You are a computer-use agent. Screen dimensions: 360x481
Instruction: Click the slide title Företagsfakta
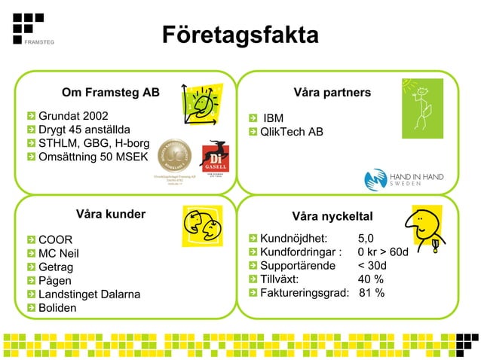click(x=240, y=35)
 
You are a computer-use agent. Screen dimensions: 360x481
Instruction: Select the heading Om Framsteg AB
click(x=110, y=93)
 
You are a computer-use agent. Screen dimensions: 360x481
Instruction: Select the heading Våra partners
click(x=332, y=93)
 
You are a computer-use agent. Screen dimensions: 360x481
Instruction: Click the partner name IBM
click(x=273, y=118)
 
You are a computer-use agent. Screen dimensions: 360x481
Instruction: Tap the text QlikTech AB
click(x=291, y=133)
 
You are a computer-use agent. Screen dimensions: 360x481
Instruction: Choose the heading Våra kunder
click(x=110, y=214)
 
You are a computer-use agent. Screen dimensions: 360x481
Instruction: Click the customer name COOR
click(x=55, y=239)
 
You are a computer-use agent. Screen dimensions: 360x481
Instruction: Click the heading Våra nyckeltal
click(x=332, y=217)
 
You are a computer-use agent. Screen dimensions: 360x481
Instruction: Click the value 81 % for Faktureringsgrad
click(x=372, y=293)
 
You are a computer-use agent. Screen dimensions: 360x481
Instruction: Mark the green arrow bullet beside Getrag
click(x=31, y=267)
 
